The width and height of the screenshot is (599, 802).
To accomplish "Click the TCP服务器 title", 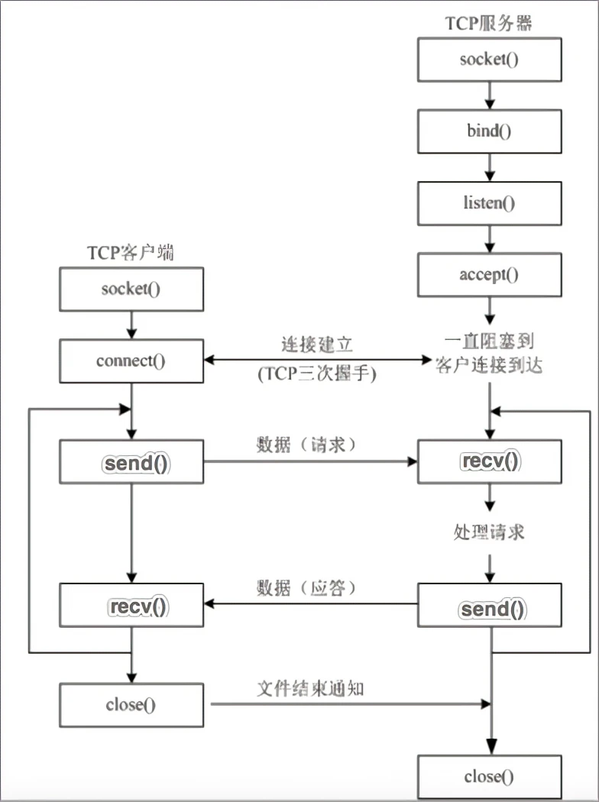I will (x=489, y=22).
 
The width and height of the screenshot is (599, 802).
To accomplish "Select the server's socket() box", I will (x=489, y=59).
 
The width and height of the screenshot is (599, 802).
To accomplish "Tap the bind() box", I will (x=489, y=131).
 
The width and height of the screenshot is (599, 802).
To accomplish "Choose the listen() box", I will (x=489, y=202).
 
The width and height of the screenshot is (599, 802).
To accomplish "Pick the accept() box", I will (x=489, y=275).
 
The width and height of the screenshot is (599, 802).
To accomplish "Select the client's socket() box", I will (x=131, y=289).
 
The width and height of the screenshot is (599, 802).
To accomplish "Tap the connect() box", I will (x=131, y=361).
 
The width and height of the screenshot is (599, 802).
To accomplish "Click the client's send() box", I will (x=131, y=462).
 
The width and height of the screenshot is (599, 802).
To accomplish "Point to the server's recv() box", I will (x=489, y=461).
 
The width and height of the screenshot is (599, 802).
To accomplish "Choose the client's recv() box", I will (x=131, y=606).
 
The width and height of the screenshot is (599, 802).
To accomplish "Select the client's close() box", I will (x=131, y=704).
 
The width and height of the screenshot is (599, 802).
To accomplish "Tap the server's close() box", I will (x=489, y=778).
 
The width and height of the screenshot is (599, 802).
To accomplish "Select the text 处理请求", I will (x=489, y=532).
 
